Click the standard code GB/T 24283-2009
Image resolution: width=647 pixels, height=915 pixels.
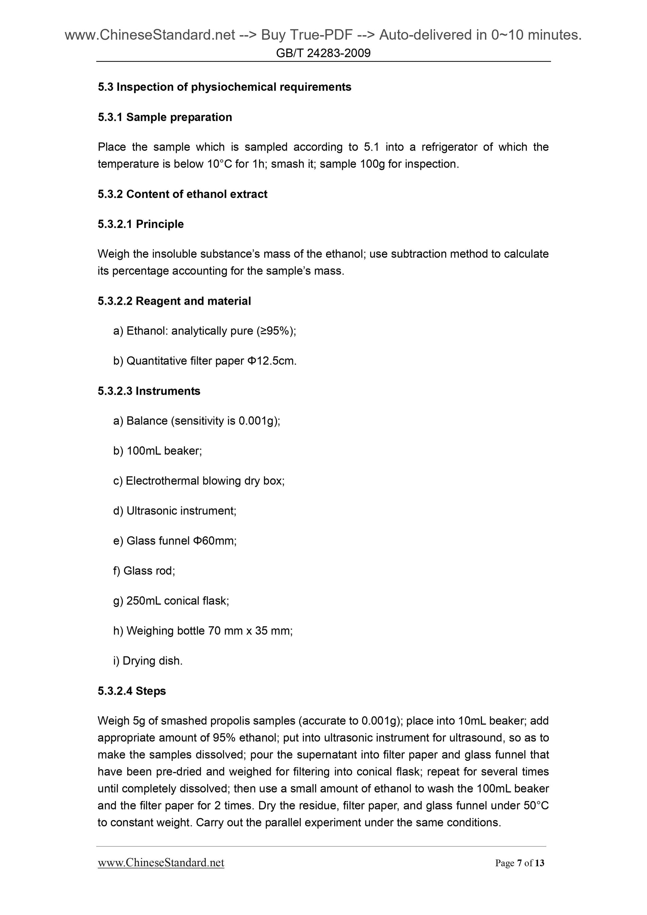coord(323,53)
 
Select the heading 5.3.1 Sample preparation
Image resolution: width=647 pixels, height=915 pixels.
coord(165,117)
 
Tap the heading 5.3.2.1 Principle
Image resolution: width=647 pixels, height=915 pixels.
coord(140,224)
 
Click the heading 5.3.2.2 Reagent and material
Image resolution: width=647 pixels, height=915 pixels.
coord(174,301)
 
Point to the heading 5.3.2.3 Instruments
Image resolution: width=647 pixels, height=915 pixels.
coord(149,391)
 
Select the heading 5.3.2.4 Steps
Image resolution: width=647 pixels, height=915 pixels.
coord(132,691)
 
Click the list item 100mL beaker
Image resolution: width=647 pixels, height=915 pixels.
coord(158,451)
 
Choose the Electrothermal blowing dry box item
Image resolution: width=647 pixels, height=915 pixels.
coord(198,481)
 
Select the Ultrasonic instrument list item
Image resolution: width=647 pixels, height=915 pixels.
coord(175,511)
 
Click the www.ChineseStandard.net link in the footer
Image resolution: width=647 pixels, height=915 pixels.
coord(161,863)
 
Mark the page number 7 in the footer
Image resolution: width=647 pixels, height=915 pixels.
coord(519,863)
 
